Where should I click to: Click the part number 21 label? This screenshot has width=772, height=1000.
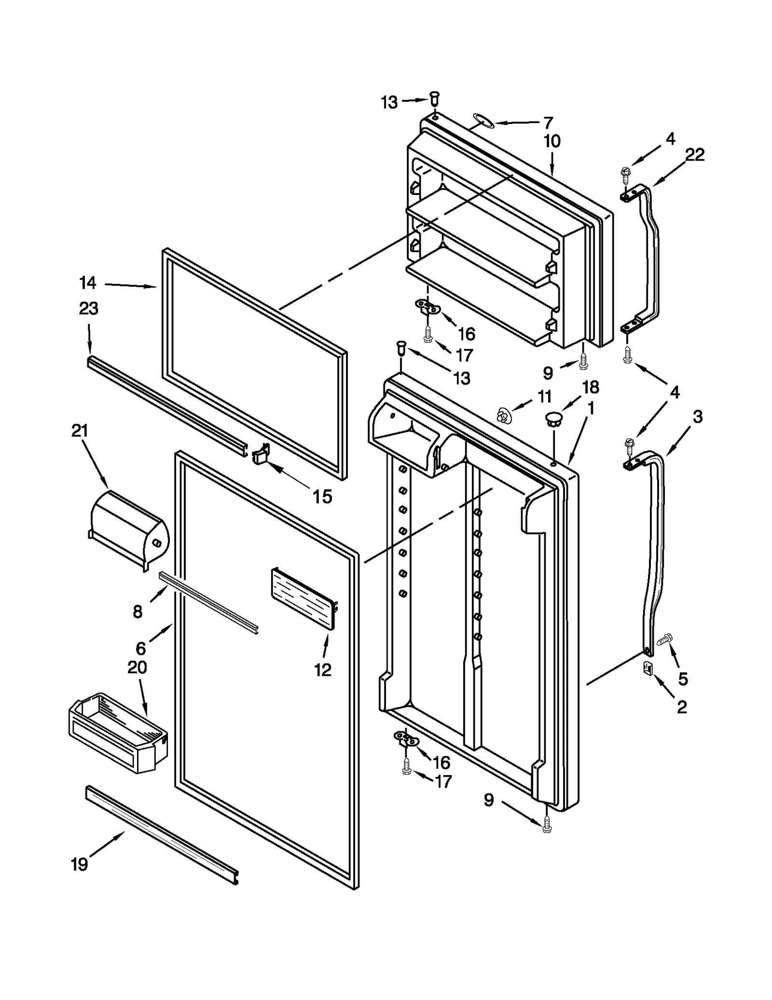(x=80, y=430)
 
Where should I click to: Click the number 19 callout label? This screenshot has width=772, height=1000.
(x=80, y=864)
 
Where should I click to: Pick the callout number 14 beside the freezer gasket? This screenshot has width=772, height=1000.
(x=88, y=283)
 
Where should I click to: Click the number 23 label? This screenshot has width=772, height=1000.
(x=89, y=308)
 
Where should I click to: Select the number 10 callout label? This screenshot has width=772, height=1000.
(x=552, y=141)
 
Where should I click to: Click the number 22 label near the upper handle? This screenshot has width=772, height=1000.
(x=695, y=154)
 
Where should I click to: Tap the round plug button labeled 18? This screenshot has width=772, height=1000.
(x=554, y=418)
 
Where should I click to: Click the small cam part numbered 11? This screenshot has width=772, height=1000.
(x=504, y=414)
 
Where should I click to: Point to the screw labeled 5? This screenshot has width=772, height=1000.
(x=664, y=639)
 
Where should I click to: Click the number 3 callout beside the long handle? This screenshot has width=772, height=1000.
(x=698, y=417)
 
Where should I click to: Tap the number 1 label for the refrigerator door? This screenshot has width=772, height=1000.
(x=590, y=408)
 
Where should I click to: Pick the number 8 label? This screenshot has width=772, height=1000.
(x=138, y=612)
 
